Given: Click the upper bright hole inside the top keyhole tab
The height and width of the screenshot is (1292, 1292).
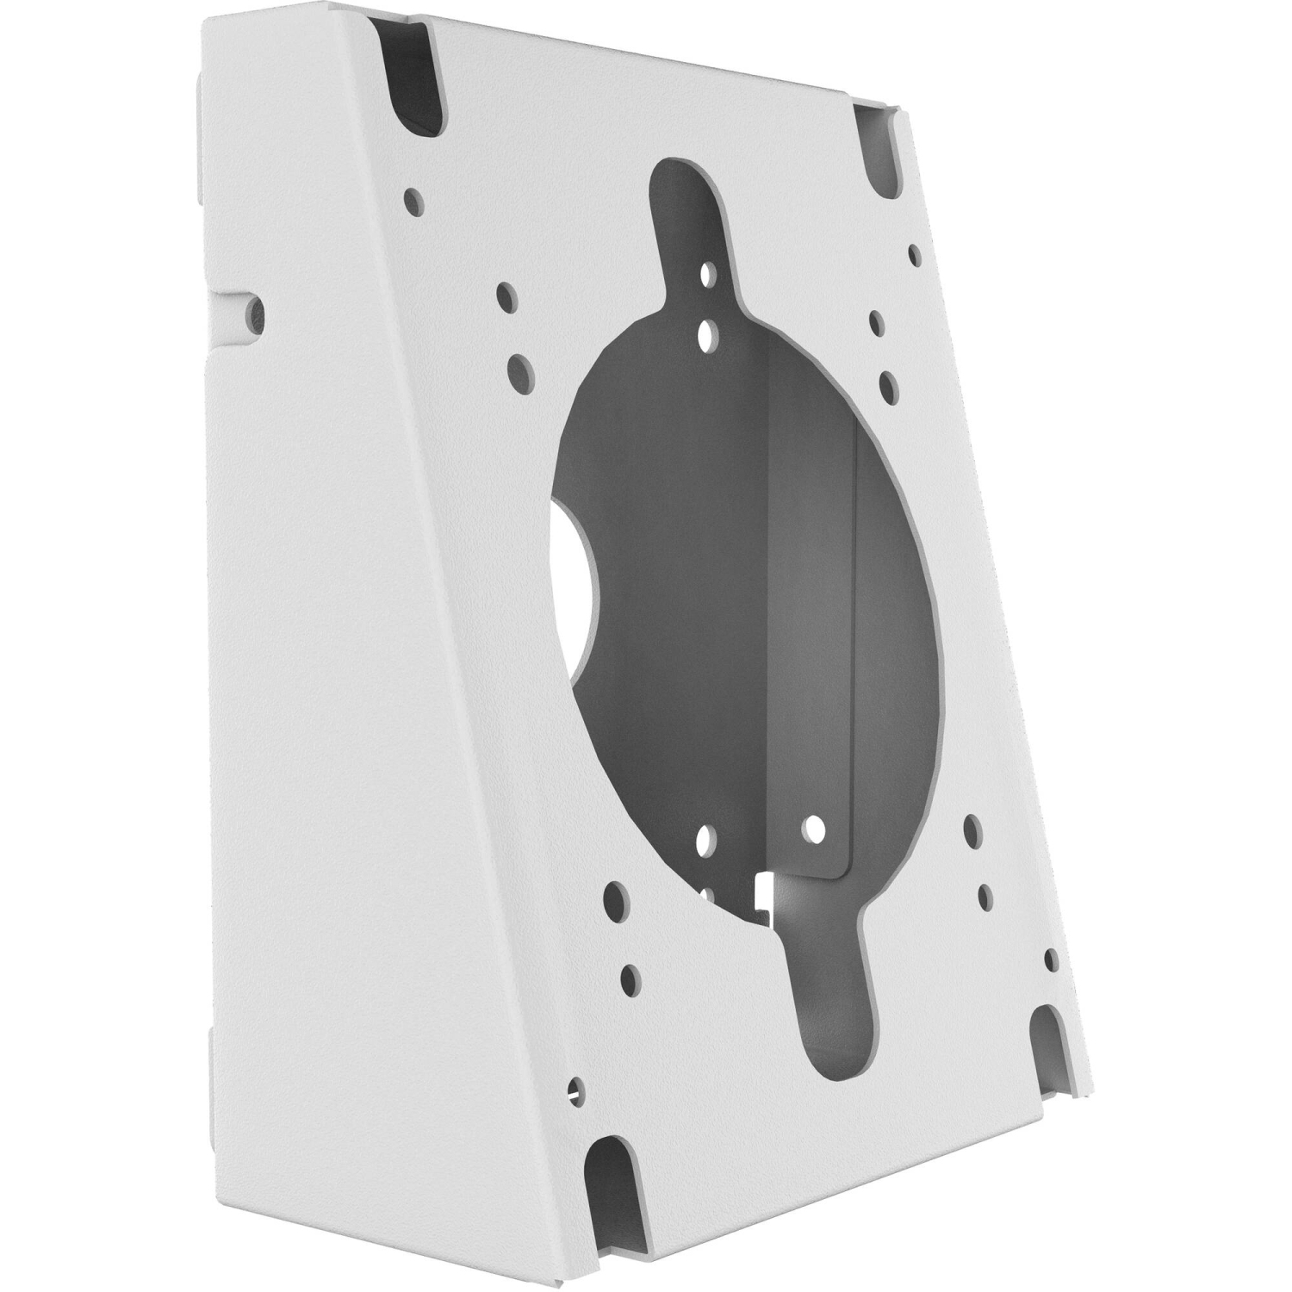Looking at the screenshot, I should [707, 275].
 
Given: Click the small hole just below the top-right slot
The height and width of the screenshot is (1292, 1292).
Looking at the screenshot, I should [915, 254].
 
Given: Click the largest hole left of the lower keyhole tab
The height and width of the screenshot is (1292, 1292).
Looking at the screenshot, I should [615, 901].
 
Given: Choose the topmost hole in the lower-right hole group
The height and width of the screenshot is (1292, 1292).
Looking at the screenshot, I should [973, 829].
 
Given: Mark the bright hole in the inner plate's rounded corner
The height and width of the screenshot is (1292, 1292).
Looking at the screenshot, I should [811, 829].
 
